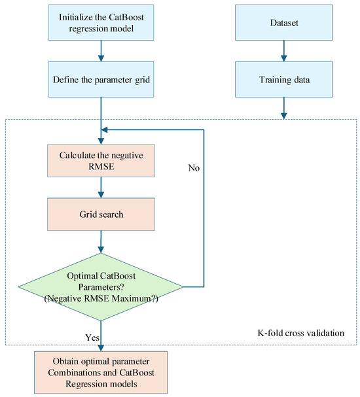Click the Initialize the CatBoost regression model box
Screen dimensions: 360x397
pyautogui.click(x=101, y=22)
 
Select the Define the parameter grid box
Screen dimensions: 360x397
pyautogui.click(x=101, y=79)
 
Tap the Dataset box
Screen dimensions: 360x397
pyautogui.click(x=283, y=22)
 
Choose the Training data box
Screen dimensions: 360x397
pyautogui.click(x=283, y=79)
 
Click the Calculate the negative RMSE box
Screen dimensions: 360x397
pyautogui.click(x=101, y=160)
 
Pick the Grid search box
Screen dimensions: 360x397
pyautogui.click(x=101, y=215)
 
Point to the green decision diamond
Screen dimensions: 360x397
pyautogui.click(x=101, y=287)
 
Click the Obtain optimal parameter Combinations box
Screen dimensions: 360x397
pyautogui.click(x=101, y=372)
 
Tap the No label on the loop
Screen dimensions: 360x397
pyautogui.click(x=194, y=167)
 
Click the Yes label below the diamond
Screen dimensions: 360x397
pyautogui.click(x=92, y=337)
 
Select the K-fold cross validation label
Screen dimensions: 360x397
pyautogui.click(x=301, y=333)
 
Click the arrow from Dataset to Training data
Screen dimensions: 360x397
pyautogui.click(x=283, y=51)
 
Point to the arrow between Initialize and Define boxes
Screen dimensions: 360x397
pyautogui.click(x=101, y=51)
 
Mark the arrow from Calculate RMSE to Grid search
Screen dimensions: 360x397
pyautogui.click(x=101, y=187)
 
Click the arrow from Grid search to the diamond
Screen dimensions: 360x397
pyautogui.click(x=101, y=242)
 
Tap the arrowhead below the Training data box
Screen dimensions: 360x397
pyautogui.click(x=283, y=116)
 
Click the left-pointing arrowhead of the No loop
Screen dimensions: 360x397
pyautogui.click(x=104, y=129)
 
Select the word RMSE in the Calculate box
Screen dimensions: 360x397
pyautogui.click(x=101, y=166)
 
